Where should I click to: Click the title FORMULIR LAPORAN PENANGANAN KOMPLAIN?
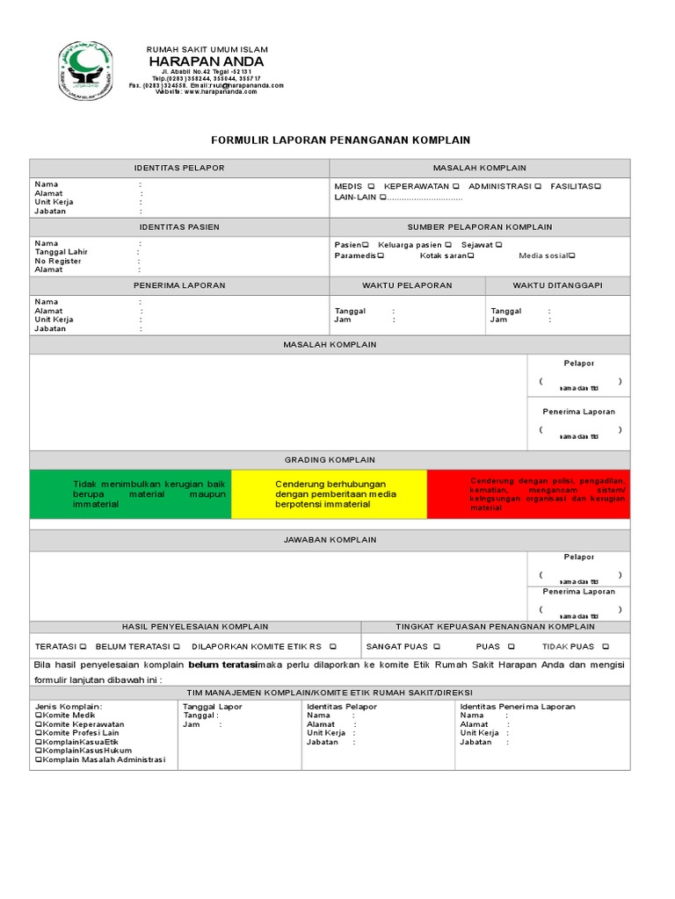tap(341, 140)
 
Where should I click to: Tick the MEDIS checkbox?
tap(372, 186)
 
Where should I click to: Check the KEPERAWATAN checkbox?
tap(455, 186)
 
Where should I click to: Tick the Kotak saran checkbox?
tap(471, 255)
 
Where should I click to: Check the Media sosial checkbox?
tap(571, 255)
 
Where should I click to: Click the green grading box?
tap(130, 494)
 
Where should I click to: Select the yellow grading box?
tap(329, 494)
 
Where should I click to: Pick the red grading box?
tap(528, 494)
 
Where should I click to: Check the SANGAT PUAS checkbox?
tap(437, 646)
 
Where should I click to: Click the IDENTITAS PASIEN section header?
tap(179, 227)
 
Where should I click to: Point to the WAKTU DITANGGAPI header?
tap(557, 285)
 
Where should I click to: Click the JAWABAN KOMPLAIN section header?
tap(330, 539)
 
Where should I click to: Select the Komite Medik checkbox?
tap(39, 716)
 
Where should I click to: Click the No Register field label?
tap(58, 261)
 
